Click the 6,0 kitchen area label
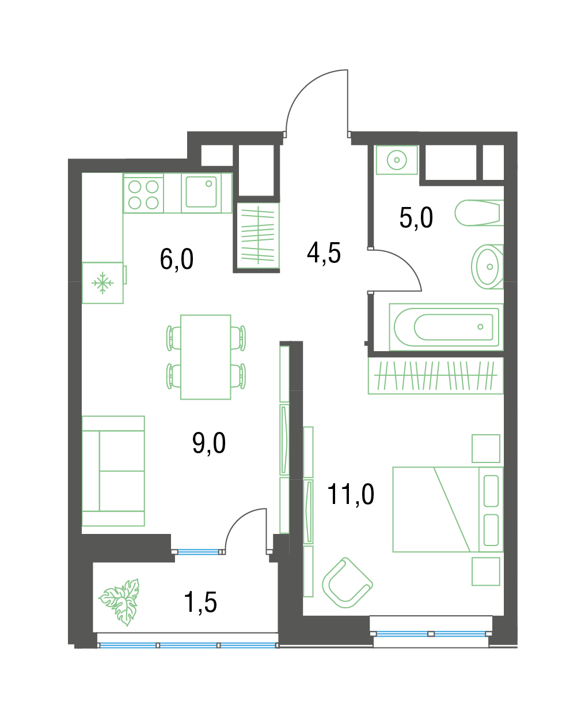(176, 259)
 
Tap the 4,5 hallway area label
(324, 253)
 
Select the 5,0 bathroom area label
(416, 217)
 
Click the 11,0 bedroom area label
(351, 495)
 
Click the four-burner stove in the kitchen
(143, 194)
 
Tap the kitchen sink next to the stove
(201, 194)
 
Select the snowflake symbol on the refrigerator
(102, 283)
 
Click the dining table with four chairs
(206, 357)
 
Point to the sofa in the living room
(113, 471)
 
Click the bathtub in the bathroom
(446, 327)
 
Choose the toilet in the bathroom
(479, 213)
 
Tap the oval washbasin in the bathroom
(487, 267)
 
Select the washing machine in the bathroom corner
(397, 160)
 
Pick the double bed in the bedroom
(448, 509)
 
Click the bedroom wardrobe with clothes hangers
(436, 375)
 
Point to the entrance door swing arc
(303, 88)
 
